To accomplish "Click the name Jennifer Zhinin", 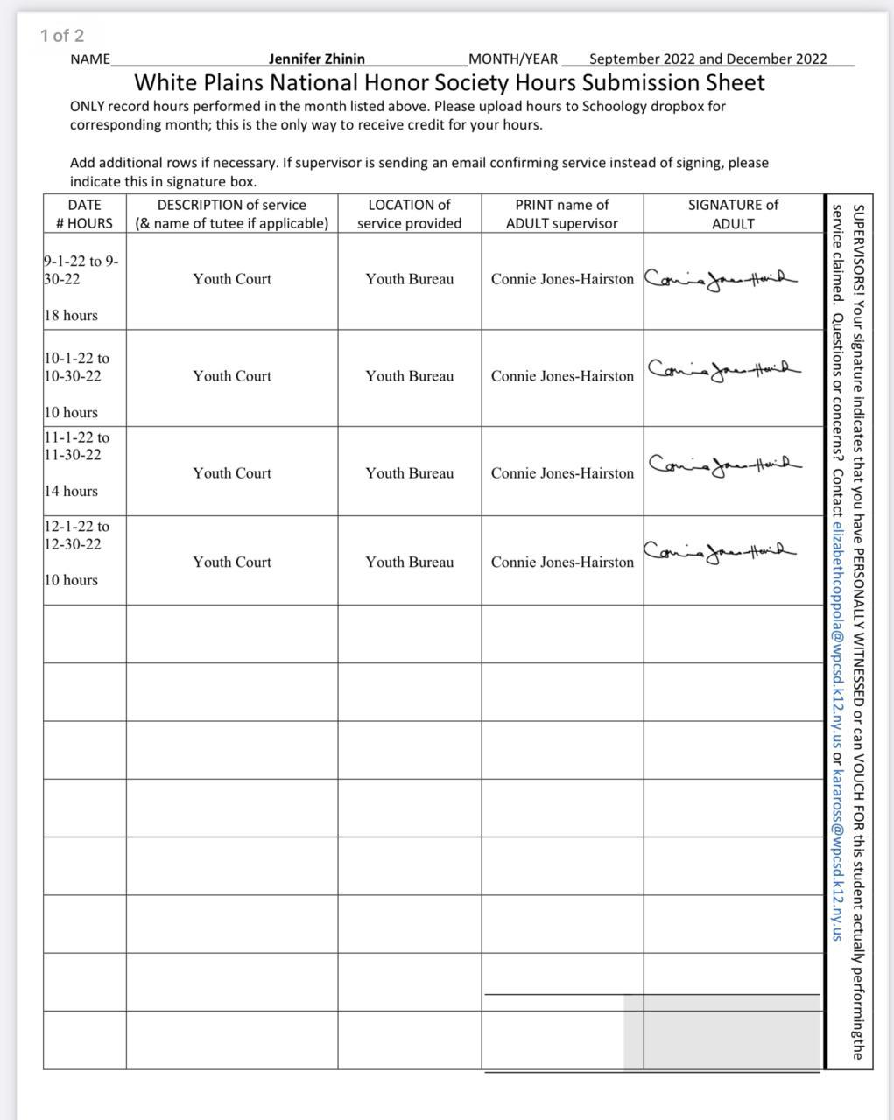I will [x=316, y=59].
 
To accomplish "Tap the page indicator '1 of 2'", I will [x=61, y=36].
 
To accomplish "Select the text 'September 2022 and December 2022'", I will [x=707, y=59].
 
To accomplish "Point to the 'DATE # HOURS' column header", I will [x=84, y=214].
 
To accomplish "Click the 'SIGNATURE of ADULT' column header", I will [x=733, y=214].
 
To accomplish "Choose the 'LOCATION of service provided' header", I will [x=409, y=214].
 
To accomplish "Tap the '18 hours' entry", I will [x=71, y=316].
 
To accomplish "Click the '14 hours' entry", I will [x=71, y=492].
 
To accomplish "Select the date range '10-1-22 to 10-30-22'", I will [x=76, y=367].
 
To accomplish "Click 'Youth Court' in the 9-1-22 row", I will [x=232, y=279].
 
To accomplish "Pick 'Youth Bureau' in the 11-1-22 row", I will [x=409, y=473].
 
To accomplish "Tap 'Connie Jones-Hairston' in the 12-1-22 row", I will [x=562, y=563].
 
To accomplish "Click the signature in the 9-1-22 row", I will [x=720, y=279].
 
